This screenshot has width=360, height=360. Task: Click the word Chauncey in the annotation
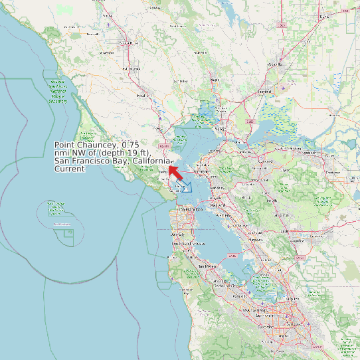(x=96, y=145)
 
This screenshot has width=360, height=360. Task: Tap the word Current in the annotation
(x=70, y=169)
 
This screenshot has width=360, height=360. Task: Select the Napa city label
(x=215, y=80)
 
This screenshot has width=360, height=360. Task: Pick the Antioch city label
(x=309, y=152)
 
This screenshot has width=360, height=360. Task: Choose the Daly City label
(x=176, y=234)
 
